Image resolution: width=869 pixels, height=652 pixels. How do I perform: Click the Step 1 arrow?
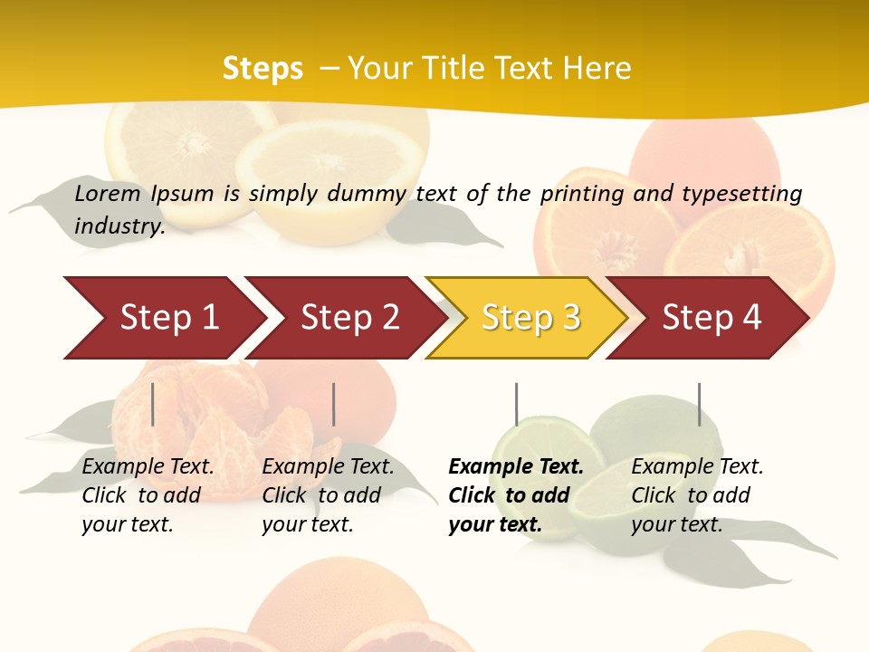point(163,318)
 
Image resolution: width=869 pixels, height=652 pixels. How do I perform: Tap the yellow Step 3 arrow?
point(530,318)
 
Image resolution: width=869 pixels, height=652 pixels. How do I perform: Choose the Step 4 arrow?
point(711,318)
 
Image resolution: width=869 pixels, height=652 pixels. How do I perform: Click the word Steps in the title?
point(263,69)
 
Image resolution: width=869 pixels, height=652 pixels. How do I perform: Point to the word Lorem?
point(108,193)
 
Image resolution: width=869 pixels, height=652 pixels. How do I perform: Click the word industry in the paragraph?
point(119,225)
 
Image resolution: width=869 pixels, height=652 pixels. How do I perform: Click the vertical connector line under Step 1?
point(153,404)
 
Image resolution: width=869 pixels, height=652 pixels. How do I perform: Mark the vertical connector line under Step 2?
point(334,404)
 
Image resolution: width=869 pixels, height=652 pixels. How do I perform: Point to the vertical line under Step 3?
point(516,404)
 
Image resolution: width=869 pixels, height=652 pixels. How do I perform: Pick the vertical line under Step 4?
point(699,404)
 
